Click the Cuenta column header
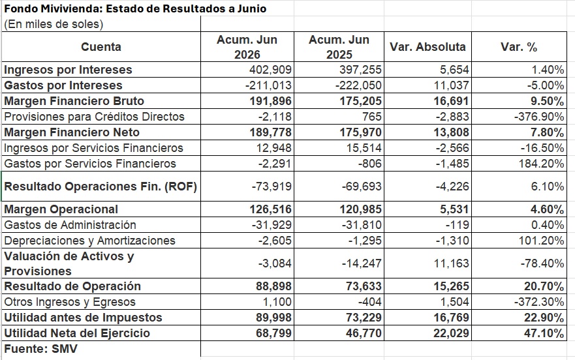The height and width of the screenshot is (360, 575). [101, 47]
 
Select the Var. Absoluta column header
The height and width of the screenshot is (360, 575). [427, 47]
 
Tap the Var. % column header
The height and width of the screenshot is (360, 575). [519, 47]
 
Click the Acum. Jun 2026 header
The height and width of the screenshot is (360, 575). [247, 47]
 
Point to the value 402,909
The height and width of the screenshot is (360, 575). [270, 70]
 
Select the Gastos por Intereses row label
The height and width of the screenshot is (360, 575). [63, 85]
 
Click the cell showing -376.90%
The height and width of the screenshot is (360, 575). [538, 117]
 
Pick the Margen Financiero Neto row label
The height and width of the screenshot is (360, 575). [72, 132]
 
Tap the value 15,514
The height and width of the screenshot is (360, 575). [364, 148]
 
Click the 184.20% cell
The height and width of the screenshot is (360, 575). [541, 164]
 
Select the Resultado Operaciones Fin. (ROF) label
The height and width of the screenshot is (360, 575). [101, 187]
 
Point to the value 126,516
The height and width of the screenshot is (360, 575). [271, 209]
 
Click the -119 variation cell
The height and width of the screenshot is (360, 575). [457, 225]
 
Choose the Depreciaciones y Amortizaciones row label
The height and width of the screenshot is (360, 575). [90, 241]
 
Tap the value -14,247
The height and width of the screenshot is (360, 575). [362, 263]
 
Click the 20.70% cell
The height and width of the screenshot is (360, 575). [544, 286]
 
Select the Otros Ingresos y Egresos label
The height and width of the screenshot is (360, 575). [70, 302]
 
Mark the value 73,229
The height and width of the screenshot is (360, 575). [364, 318]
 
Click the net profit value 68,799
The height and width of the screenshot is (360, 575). [273, 333]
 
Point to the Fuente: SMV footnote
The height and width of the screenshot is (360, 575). [40, 349]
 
